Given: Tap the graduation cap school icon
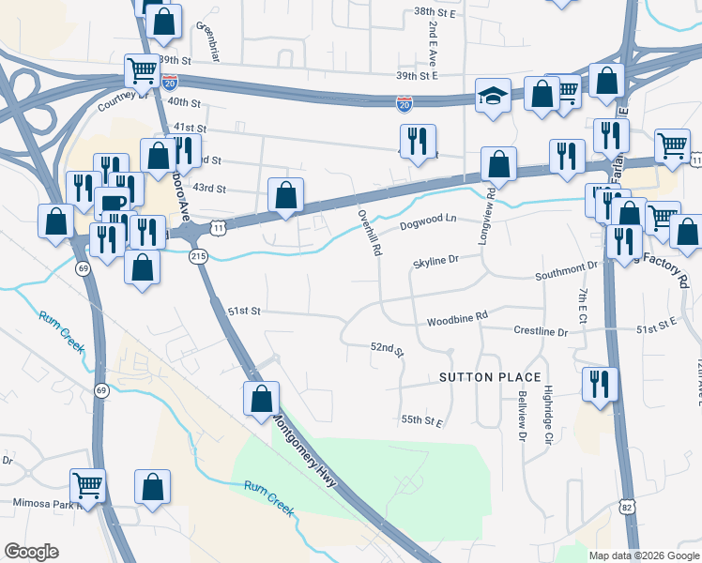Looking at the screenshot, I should point(493,96).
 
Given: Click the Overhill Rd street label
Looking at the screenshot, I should point(368,230).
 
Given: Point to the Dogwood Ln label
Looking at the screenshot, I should point(427,223).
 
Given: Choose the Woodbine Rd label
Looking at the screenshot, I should point(458,319).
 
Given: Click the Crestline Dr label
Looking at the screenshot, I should point(541,331).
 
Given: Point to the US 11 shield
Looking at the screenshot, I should point(218,227).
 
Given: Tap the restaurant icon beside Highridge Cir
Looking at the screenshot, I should point(598,384).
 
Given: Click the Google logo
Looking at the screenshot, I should point(31,551).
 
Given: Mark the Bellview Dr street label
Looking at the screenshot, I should point(523,418).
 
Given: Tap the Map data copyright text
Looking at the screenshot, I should point(643,555).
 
